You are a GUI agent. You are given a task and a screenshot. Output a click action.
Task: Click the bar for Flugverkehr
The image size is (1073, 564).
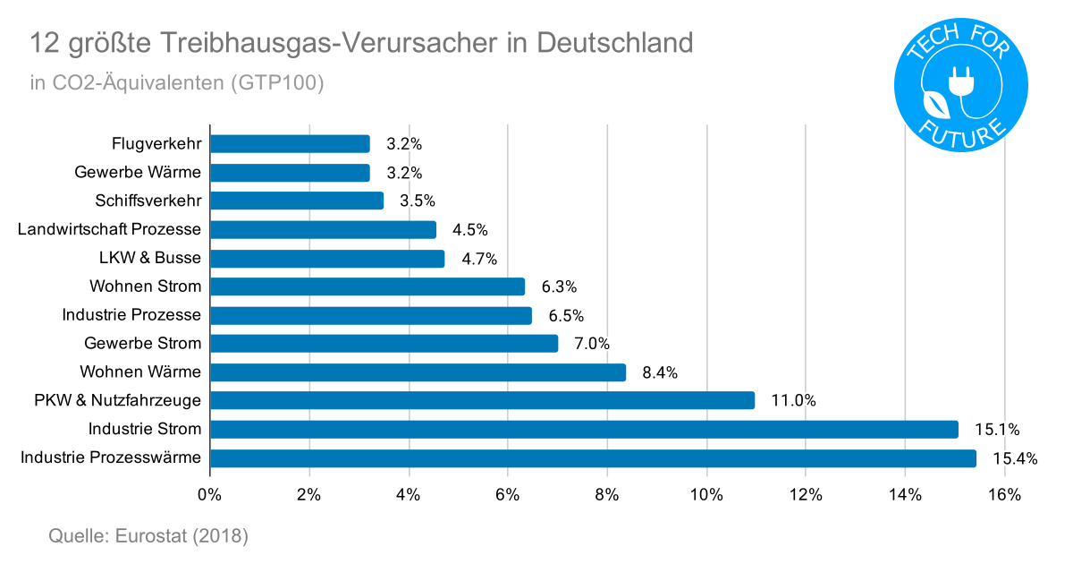pyautogui.click(x=290, y=144)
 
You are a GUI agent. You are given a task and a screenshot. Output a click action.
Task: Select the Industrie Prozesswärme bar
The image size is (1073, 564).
pyautogui.click(x=593, y=458)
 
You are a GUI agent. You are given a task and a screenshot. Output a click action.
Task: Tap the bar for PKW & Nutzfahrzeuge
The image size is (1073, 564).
pyautogui.click(x=482, y=400)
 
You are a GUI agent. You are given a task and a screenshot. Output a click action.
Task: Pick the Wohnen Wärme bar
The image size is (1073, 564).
pyautogui.click(x=418, y=372)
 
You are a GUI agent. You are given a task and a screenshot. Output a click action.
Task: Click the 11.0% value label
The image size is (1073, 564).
pyautogui.click(x=793, y=401)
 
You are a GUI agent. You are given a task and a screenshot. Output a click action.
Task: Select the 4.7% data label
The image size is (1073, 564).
pyautogui.click(x=479, y=260)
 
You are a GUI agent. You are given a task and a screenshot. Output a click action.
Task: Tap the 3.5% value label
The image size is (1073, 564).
pyautogui.click(x=418, y=201)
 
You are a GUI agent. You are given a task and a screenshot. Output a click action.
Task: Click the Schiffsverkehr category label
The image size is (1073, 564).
pyautogui.click(x=148, y=201)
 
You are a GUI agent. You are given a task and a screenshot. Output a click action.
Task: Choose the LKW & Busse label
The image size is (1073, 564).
pyautogui.click(x=150, y=259)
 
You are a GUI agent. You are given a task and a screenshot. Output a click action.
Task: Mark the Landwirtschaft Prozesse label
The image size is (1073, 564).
pyautogui.click(x=109, y=230)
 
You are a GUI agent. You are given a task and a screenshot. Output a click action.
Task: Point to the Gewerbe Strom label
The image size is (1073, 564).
pyautogui.click(x=143, y=344)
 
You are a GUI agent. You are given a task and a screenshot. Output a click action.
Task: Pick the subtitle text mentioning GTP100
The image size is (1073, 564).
pyautogui.click(x=176, y=83)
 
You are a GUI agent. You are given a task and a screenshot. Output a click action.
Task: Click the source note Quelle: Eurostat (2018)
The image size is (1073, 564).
pyautogui.click(x=148, y=536)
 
